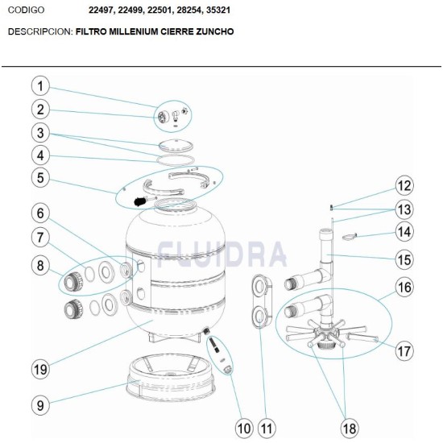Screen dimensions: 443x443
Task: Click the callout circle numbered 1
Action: tap(42, 86)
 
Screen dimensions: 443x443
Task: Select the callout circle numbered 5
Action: tap(42, 176)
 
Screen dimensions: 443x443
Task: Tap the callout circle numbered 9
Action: tap(42, 404)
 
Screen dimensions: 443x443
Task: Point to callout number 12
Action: tap(404, 186)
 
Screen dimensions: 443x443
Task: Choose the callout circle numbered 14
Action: tap(404, 232)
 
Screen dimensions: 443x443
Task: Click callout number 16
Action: tap(404, 287)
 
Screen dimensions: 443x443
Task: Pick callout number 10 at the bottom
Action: tap(244, 426)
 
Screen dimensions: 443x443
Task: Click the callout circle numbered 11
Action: tap(267, 426)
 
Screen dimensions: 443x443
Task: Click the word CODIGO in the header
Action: tap(26, 10)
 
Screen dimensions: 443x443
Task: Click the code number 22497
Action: tap(104, 10)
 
